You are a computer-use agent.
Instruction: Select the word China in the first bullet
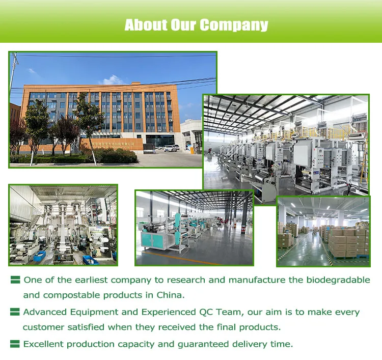(x=169, y=295)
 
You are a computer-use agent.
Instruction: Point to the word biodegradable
(x=338, y=280)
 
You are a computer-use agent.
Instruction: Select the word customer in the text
(x=43, y=327)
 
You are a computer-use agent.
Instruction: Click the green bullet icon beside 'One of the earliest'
(x=15, y=280)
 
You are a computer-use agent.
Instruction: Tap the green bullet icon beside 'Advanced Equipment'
(x=15, y=312)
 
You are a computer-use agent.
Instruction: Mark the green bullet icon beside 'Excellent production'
(x=15, y=344)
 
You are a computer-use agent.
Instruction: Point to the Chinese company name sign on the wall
(x=110, y=145)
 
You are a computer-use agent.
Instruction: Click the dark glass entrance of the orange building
(x=160, y=141)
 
